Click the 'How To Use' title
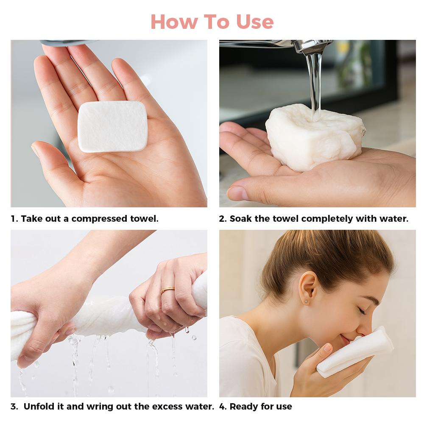(212, 21)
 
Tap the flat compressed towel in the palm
(112, 126)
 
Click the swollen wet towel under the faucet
(314, 138)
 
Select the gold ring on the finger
(167, 290)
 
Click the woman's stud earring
(305, 301)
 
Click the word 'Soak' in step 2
(240, 219)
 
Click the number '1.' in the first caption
(14, 219)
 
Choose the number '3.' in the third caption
(15, 406)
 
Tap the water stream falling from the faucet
(314, 81)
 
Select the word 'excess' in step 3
(167, 406)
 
